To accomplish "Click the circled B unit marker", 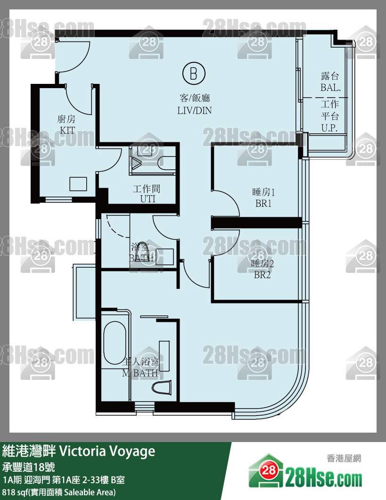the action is (194, 74).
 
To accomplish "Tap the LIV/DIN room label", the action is (195, 110).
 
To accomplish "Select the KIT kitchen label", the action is (67, 130).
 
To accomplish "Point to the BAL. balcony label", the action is (330, 87).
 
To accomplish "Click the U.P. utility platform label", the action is (329, 128).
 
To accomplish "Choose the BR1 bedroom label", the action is (263, 203).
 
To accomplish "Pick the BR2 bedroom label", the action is (262, 275).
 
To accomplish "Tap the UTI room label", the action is (148, 199).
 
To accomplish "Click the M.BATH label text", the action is (140, 373).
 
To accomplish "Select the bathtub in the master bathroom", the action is (115, 343).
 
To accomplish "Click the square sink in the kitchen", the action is (78, 184).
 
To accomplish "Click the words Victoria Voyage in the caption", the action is (107, 451).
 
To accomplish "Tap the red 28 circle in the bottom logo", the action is (269, 470).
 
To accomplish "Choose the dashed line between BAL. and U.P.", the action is (325, 97).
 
